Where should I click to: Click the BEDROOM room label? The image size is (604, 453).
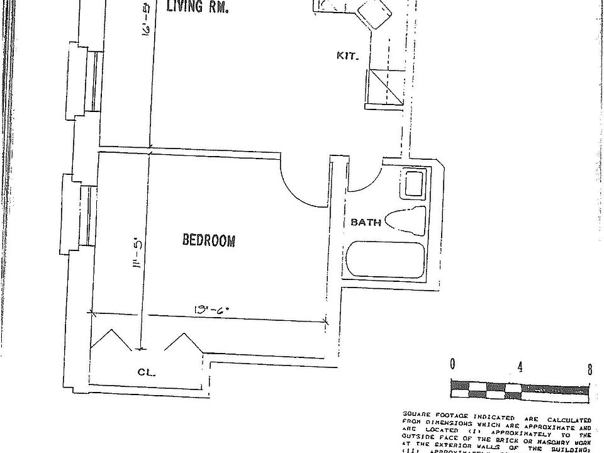tap(208, 240)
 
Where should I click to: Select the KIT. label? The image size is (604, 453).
tap(348, 56)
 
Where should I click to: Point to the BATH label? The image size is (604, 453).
tap(366, 222)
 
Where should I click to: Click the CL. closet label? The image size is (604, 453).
tap(147, 372)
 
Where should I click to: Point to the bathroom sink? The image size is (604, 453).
tap(414, 184)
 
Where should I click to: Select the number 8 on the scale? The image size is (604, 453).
tap(590, 369)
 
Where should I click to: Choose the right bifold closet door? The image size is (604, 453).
tap(183, 345)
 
